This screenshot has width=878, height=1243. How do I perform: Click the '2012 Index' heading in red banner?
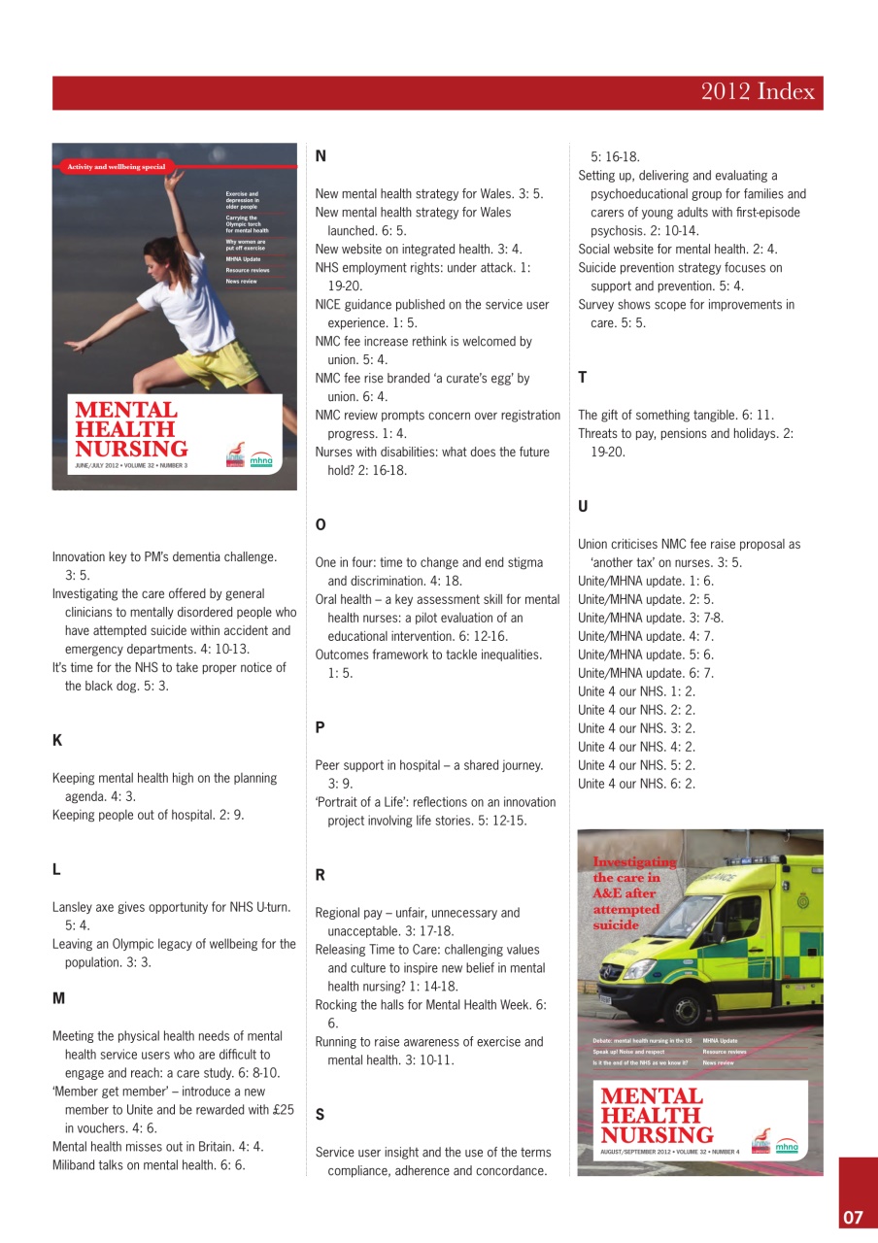pos(758,92)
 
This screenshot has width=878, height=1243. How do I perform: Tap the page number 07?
pos(852,1218)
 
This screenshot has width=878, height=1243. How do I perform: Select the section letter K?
pos(56,740)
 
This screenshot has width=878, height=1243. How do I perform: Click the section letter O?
pos(321,524)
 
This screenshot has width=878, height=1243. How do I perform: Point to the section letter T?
pos(583,377)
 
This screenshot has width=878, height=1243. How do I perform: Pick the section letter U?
pos(583,506)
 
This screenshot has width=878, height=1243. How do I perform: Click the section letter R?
pos(321,875)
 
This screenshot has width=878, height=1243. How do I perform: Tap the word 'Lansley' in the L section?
pos(74,907)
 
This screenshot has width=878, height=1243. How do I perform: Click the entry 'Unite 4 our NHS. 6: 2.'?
pos(636,784)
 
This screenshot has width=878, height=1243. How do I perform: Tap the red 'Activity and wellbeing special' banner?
pos(116,167)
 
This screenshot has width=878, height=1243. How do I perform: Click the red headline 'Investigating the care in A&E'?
pos(633,893)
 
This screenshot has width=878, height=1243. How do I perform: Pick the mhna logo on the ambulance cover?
pos(786,1146)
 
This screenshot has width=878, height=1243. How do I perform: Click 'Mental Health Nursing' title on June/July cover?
pos(131,430)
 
